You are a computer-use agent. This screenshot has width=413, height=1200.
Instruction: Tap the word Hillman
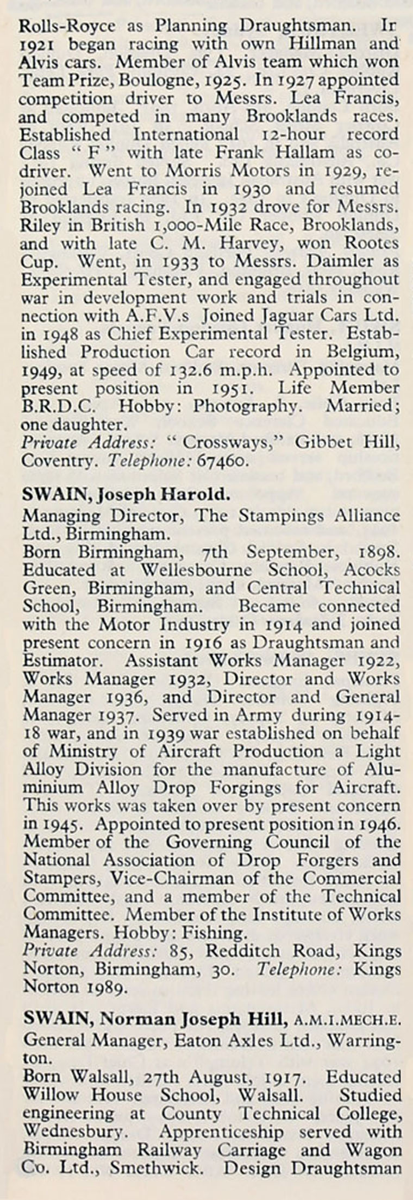coord(323,43)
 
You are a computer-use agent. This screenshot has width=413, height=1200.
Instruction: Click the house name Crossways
coord(226,442)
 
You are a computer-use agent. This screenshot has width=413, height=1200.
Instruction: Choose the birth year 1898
coord(379,551)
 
